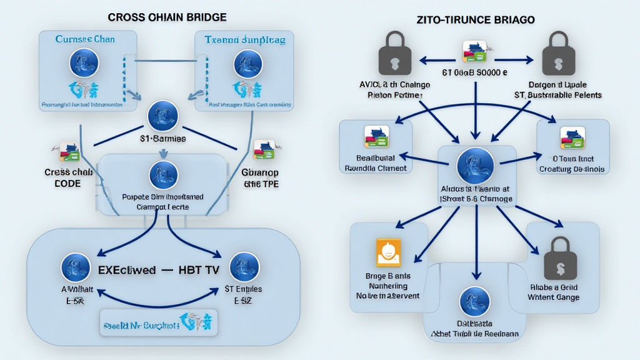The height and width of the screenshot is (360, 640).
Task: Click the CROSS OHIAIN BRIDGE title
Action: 167,17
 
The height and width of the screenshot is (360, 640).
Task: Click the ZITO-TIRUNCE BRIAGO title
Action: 475,20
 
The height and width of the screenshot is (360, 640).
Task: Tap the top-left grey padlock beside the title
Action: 394,54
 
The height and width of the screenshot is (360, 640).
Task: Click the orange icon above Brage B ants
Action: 388,252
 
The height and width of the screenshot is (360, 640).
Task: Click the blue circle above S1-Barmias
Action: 162,117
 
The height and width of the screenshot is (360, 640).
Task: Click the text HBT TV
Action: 191,271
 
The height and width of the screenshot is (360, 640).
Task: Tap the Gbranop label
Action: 260,172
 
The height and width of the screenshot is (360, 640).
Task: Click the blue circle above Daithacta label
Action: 475,302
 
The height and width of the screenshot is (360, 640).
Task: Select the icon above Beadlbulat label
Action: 376,136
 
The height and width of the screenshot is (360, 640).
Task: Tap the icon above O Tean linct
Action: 572,137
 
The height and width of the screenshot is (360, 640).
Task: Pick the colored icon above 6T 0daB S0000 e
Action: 475,52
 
